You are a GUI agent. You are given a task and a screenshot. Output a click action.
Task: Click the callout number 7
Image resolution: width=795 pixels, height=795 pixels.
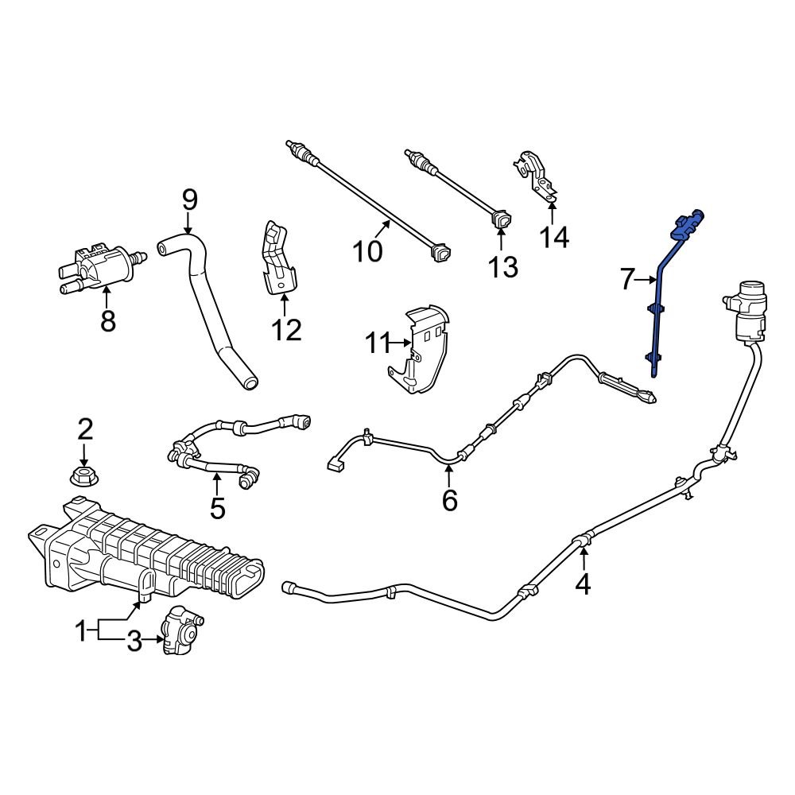pyautogui.click(x=627, y=279)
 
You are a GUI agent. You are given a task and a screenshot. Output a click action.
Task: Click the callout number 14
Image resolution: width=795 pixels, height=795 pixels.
pyautogui.click(x=555, y=236)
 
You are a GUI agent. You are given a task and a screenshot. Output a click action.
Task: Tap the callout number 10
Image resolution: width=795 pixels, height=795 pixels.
pyautogui.click(x=368, y=251)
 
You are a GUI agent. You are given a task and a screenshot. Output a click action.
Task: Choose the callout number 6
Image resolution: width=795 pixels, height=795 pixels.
pyautogui.click(x=450, y=501)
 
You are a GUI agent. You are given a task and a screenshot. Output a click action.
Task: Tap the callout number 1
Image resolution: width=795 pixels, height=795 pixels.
pyautogui.click(x=80, y=633)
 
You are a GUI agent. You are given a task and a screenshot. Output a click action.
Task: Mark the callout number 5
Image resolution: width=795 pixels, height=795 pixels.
pyautogui.click(x=217, y=507)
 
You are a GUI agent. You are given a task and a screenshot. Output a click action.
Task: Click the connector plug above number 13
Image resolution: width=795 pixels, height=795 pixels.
pyautogui.click(x=502, y=221)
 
